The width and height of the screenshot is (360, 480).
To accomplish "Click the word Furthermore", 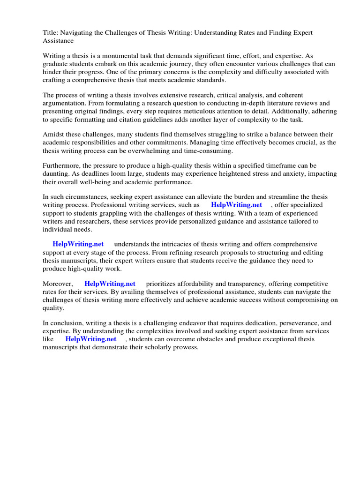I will click(x=62, y=166).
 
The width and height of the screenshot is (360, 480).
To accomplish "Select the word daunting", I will click(x=56, y=174).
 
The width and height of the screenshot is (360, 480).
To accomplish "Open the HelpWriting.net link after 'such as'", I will click(x=236, y=205).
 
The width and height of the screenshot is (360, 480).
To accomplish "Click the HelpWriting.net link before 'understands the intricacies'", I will click(x=78, y=244).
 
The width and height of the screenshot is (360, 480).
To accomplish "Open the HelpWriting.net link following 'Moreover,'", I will click(x=110, y=284).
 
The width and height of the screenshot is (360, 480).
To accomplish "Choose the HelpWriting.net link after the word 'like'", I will click(x=90, y=339).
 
